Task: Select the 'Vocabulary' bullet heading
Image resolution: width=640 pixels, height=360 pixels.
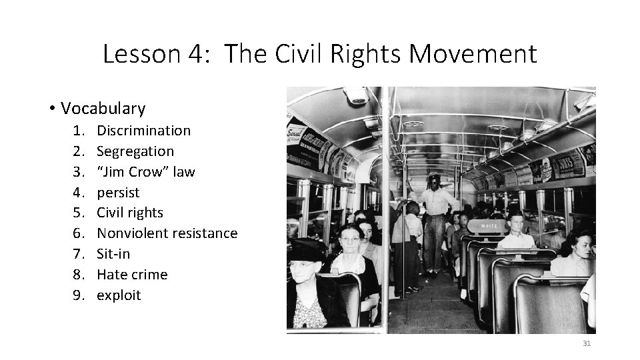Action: pyautogui.click(x=103, y=108)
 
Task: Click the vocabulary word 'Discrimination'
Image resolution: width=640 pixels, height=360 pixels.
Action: pyautogui.click(x=143, y=131)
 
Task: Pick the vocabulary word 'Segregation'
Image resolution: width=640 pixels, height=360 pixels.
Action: pyautogui.click(x=135, y=151)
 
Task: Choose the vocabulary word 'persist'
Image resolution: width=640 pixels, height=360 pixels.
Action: pyautogui.click(x=118, y=193)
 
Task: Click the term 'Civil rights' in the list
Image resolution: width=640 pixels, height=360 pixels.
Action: pyautogui.click(x=130, y=213)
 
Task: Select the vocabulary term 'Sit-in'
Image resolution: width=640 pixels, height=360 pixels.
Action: pyautogui.click(x=113, y=254)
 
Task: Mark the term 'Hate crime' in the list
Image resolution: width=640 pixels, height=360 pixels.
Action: pyautogui.click(x=132, y=275)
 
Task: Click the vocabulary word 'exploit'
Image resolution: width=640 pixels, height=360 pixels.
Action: pyautogui.click(x=119, y=295)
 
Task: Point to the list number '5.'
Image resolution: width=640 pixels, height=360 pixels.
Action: pyautogui.click(x=81, y=213)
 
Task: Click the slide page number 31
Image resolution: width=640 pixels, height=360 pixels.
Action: pyautogui.click(x=587, y=343)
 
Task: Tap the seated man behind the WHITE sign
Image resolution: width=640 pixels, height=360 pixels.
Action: pyautogui.click(x=515, y=230)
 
